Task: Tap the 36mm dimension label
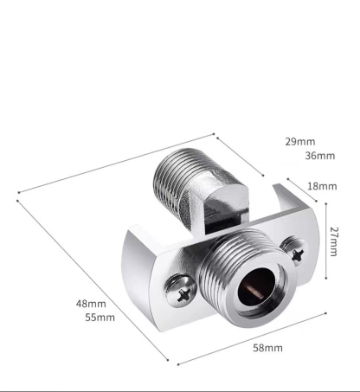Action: point(319,156)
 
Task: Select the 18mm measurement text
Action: point(322,186)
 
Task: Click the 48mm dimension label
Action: point(91,304)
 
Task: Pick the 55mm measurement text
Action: point(100,318)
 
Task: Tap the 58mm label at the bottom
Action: point(267,347)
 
